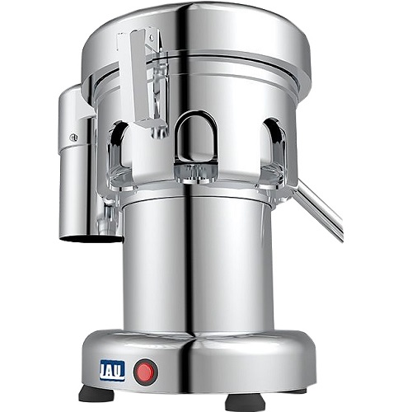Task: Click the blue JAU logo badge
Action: (x=114, y=371)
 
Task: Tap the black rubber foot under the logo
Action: (x=96, y=394)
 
